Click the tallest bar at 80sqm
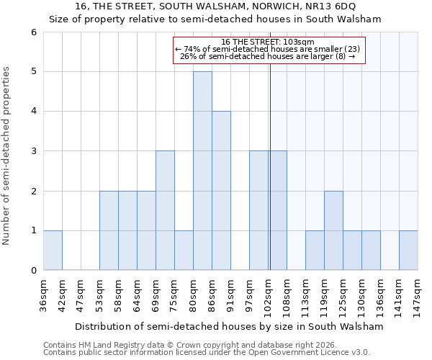click(202, 171)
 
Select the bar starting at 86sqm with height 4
click(221, 191)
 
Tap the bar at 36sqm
click(53, 250)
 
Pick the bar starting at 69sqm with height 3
click(165, 210)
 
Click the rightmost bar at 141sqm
click(408, 250)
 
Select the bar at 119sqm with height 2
click(333, 230)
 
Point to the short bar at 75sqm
click(184, 250)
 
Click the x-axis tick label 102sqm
click(268, 294)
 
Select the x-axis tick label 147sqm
click(418, 294)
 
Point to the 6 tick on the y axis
click(33, 32)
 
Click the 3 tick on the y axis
click(33, 151)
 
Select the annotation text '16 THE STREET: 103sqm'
click(269, 42)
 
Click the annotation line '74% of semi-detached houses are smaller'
click(269, 49)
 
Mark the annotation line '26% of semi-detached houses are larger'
click(269, 56)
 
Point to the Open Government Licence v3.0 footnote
click(207, 353)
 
